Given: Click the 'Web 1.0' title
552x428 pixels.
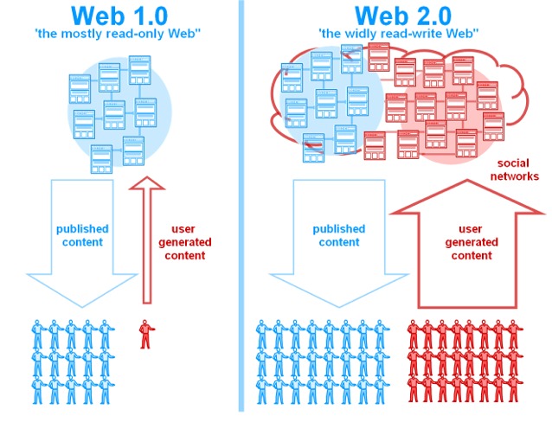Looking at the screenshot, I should click(x=118, y=16).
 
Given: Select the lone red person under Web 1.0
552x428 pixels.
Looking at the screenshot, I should click(x=144, y=333).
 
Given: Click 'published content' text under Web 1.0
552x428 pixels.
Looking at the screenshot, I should click(x=82, y=235).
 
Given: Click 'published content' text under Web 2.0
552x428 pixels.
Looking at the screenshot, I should click(x=339, y=235).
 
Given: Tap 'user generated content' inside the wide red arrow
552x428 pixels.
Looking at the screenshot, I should click(x=470, y=242).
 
